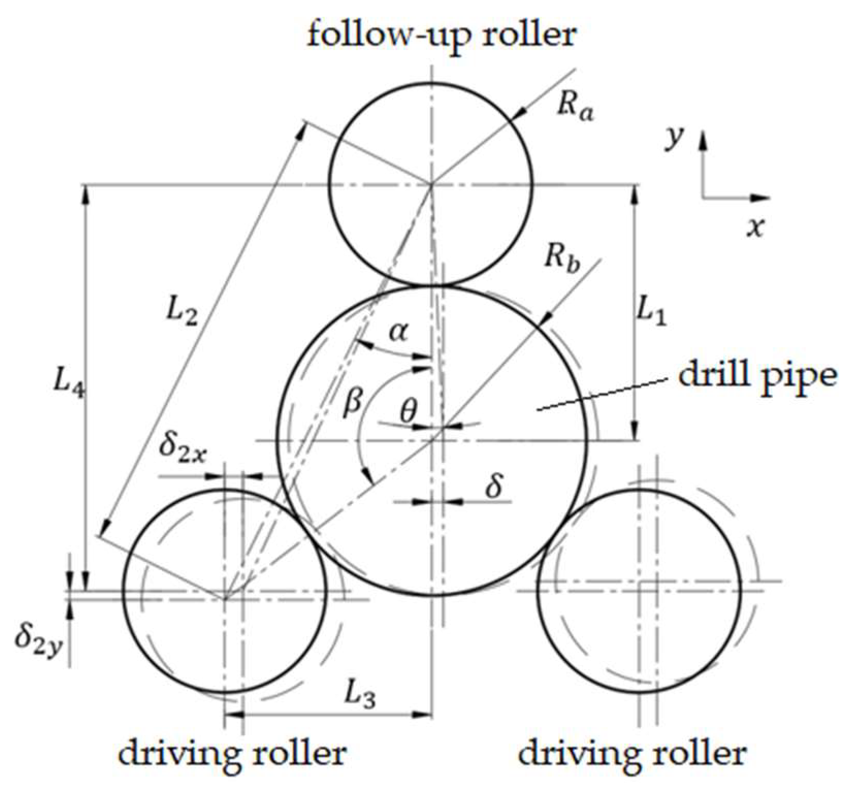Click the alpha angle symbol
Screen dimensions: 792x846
(x=398, y=333)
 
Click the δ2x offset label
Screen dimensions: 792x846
(x=183, y=446)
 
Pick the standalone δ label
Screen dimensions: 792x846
(x=494, y=486)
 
